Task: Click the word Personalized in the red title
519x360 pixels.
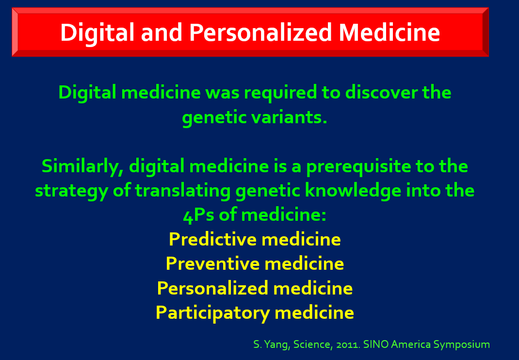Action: (260, 33)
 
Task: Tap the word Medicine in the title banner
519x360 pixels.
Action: (389, 33)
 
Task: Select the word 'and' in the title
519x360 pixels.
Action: (162, 33)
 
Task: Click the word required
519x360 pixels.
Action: (280, 93)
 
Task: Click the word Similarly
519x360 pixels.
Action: (82, 166)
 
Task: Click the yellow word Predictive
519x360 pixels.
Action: (212, 239)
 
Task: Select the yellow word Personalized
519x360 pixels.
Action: (212, 288)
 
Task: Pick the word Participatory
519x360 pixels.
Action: (212, 313)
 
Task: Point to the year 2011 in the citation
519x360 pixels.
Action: (348, 345)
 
